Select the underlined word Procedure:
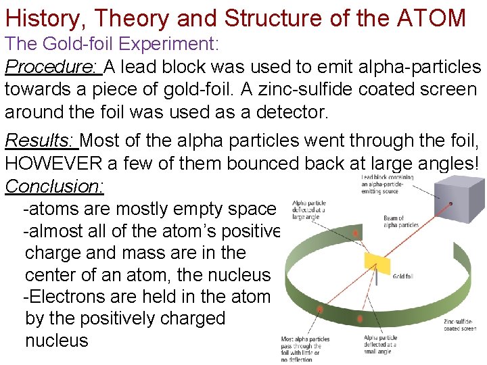(53, 68)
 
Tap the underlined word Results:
(41, 141)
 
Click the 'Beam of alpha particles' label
(402, 222)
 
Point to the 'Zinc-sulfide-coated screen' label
(459, 325)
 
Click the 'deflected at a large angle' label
(308, 210)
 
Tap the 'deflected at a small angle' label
(381, 345)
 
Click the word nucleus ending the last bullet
(56, 341)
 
